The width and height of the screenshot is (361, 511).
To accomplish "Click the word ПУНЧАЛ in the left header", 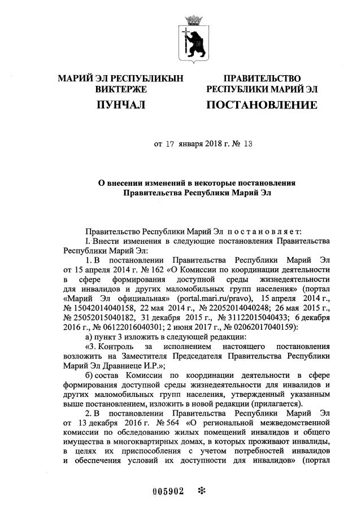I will (120, 104).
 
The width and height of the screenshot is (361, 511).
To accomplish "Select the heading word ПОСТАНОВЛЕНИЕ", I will (261, 104).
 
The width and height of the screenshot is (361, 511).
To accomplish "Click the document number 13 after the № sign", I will (246, 143).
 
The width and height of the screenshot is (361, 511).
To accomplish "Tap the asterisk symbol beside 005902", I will (201, 490).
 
